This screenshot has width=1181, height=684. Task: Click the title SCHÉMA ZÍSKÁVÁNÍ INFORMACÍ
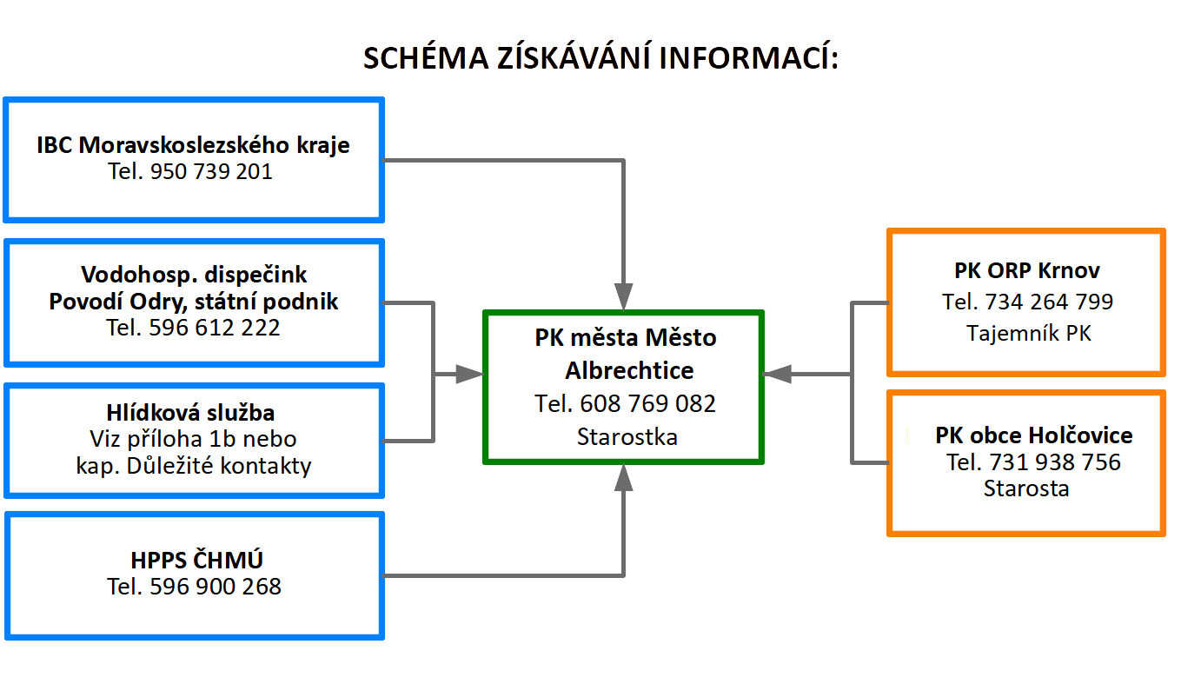600,57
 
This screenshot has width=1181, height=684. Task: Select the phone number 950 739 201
211,172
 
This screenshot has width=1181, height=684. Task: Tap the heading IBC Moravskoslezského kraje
193,145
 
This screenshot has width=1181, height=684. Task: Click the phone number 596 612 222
214,328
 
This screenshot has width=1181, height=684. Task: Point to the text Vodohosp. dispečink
194,275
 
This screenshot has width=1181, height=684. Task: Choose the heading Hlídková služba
190,413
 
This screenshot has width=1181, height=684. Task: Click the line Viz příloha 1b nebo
193,439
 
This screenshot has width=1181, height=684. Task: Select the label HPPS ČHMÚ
196,560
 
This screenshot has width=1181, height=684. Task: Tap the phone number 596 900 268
216,587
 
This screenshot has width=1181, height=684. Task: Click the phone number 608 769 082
647,404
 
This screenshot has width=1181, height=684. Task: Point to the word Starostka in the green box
627,437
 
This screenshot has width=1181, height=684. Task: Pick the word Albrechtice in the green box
629,371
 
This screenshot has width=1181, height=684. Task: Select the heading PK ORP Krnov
1027,270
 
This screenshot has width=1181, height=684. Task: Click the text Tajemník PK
1028,333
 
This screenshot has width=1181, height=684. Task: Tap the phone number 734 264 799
1049,302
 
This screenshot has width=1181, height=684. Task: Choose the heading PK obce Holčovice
1034,435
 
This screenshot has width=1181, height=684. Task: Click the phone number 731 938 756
1054,462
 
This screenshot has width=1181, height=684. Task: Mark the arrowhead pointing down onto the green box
623,297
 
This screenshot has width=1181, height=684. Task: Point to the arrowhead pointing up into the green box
623,478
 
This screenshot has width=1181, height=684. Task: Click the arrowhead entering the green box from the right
777,374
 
